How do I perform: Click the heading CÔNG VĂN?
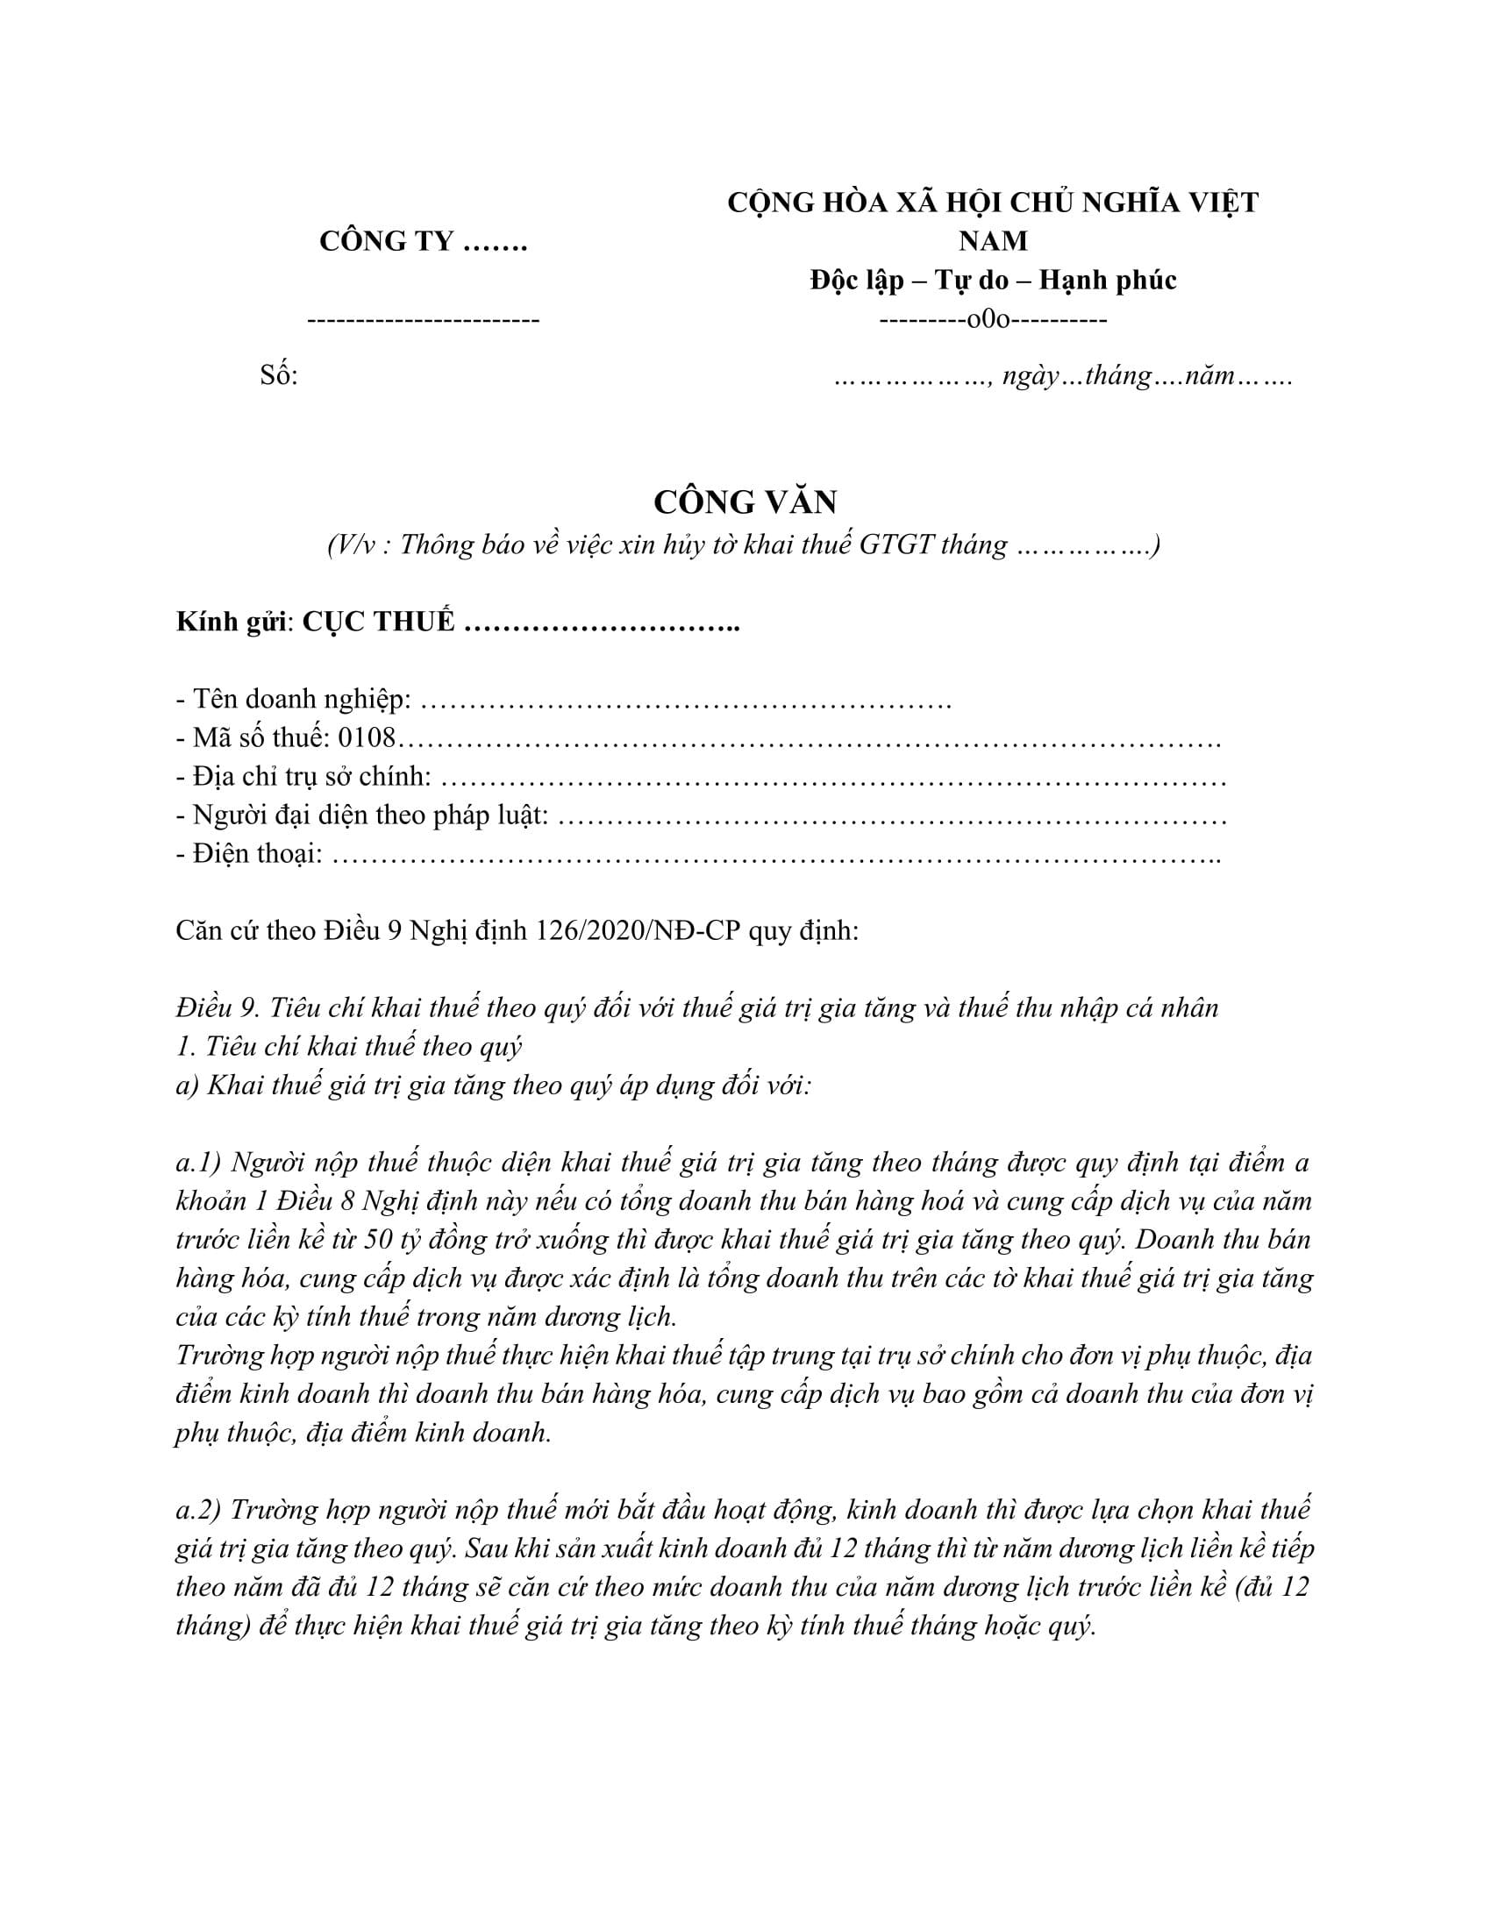point(745,502)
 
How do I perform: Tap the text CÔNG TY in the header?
point(387,241)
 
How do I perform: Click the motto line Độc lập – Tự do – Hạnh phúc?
point(993,280)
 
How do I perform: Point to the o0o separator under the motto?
point(993,320)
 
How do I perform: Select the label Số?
point(279,376)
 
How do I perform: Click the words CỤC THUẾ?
point(379,622)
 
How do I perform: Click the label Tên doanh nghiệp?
point(300,700)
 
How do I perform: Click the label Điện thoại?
point(256,854)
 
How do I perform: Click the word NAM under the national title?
point(993,241)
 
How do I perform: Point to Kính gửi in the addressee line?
point(232,622)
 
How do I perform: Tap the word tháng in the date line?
point(1118,376)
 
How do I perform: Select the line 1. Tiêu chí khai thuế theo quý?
point(349,1047)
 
